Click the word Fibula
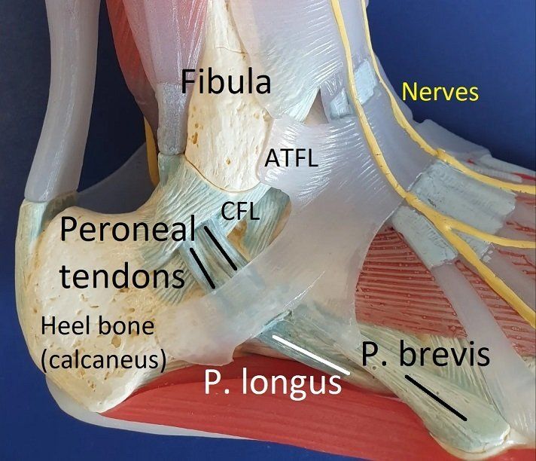[x=226, y=81]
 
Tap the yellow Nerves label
[x=440, y=92]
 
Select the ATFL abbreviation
[x=291, y=158]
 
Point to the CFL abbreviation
[x=240, y=210]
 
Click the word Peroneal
[x=128, y=229]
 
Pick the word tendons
[x=123, y=276]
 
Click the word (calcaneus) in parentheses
[x=104, y=359]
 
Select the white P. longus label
[x=273, y=382]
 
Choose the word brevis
[x=444, y=354]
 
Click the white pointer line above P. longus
[x=311, y=355]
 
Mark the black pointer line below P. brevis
[x=436, y=398]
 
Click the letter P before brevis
[x=370, y=354]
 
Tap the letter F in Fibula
[x=188, y=81]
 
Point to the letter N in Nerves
[x=409, y=92]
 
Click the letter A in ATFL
[x=272, y=158]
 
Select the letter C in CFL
[x=227, y=211]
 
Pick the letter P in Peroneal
[x=69, y=229]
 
